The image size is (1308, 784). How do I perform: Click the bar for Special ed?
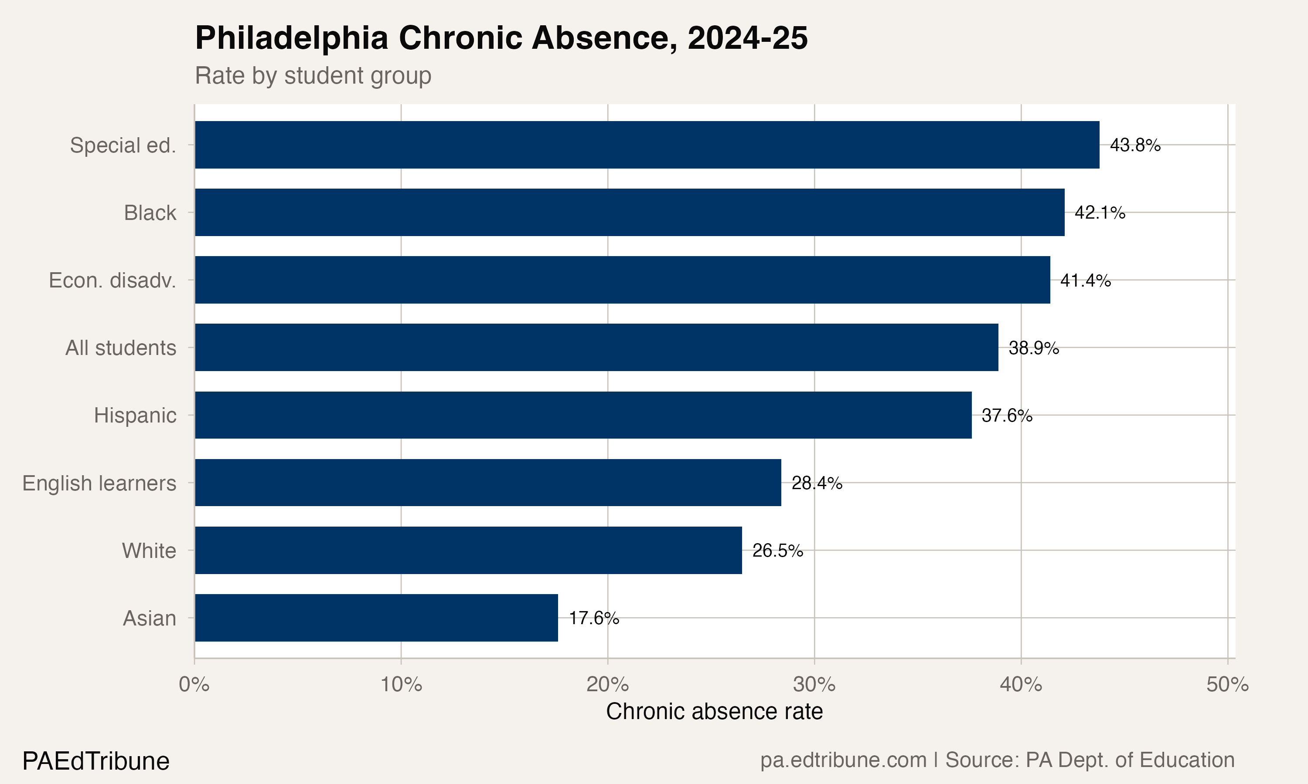(647, 145)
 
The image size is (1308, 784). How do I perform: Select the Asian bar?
(376, 618)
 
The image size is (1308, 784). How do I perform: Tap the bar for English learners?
(487, 482)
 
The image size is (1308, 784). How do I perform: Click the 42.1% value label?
(1100, 213)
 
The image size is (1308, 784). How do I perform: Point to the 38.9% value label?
(1034, 348)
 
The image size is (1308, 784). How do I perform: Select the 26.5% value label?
(777, 551)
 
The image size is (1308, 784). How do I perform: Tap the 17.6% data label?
(594, 618)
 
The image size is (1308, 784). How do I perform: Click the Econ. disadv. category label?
(112, 280)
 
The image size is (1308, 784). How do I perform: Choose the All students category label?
(120, 348)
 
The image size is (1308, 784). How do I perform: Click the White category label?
(149, 551)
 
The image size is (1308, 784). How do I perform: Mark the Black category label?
(150, 213)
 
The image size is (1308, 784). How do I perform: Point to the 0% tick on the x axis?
(194, 684)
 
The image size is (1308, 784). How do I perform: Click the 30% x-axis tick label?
(814, 684)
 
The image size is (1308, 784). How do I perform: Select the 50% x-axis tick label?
(1227, 684)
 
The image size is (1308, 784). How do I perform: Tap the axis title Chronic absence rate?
(714, 711)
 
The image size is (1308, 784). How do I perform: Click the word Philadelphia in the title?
(292, 38)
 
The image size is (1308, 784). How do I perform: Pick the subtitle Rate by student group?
(313, 75)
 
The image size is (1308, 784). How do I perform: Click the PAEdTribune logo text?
(95, 761)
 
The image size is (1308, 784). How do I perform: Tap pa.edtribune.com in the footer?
(843, 760)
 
